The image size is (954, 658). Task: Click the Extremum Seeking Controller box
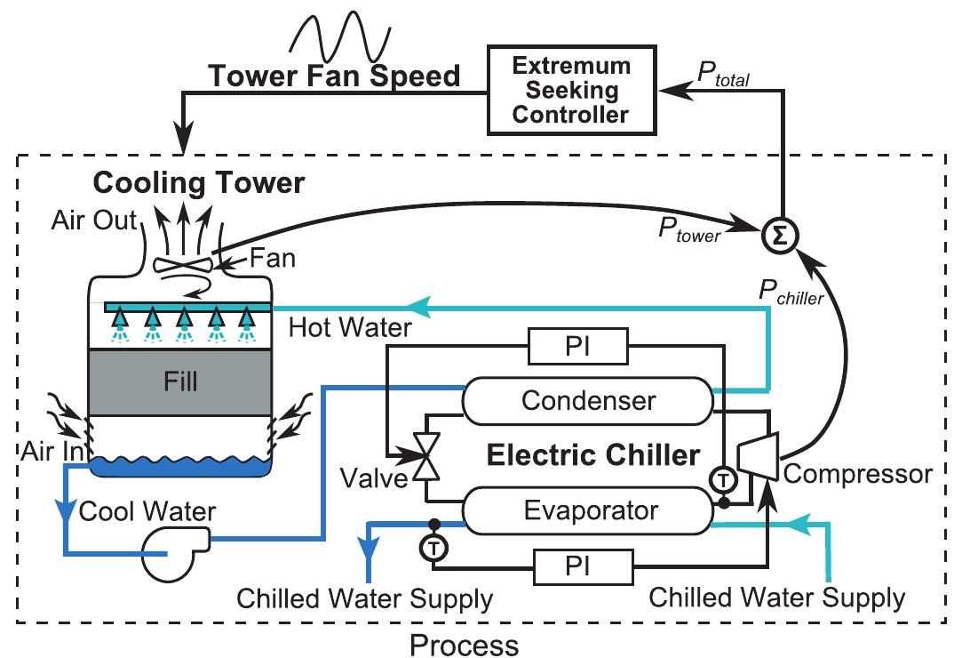tap(569, 90)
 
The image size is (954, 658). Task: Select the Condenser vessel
tap(587, 400)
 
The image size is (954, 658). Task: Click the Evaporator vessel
tap(587, 511)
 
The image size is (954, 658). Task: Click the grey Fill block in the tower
tap(181, 382)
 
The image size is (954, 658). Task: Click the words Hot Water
tap(350, 328)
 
